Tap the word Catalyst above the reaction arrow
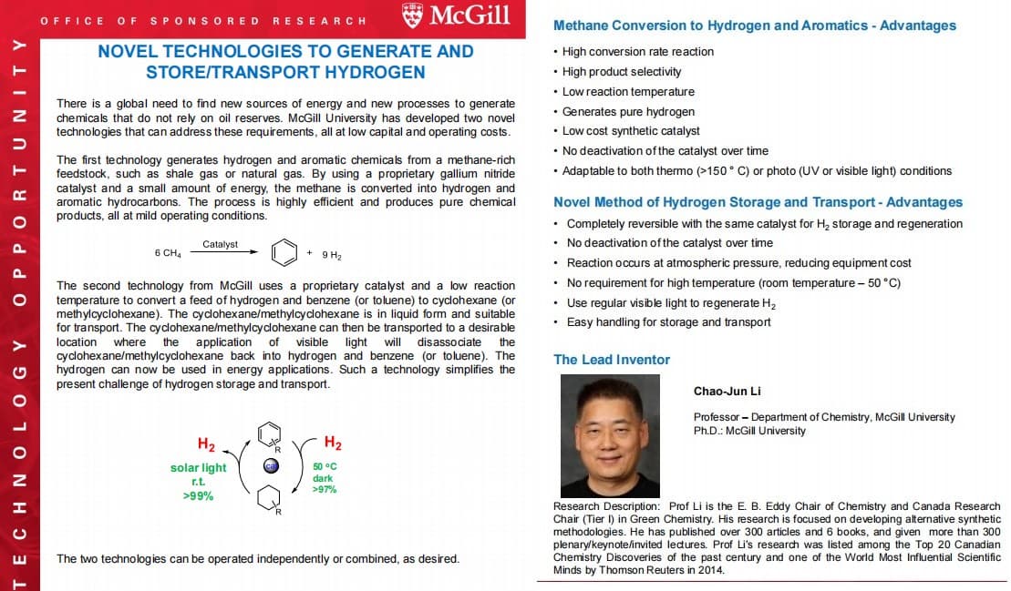(x=220, y=244)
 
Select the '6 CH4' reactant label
(x=168, y=253)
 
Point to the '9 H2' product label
(x=331, y=254)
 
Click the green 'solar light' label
(x=198, y=468)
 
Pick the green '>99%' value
(x=198, y=495)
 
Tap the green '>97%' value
(x=325, y=490)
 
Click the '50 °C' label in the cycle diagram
(x=325, y=466)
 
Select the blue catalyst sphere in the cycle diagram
(x=270, y=466)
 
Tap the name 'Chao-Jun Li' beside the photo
(x=727, y=392)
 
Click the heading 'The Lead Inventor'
(x=611, y=360)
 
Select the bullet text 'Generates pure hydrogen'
(x=628, y=111)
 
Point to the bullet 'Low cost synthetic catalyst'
(x=631, y=131)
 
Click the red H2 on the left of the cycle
(x=206, y=444)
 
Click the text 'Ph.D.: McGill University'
(x=749, y=431)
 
